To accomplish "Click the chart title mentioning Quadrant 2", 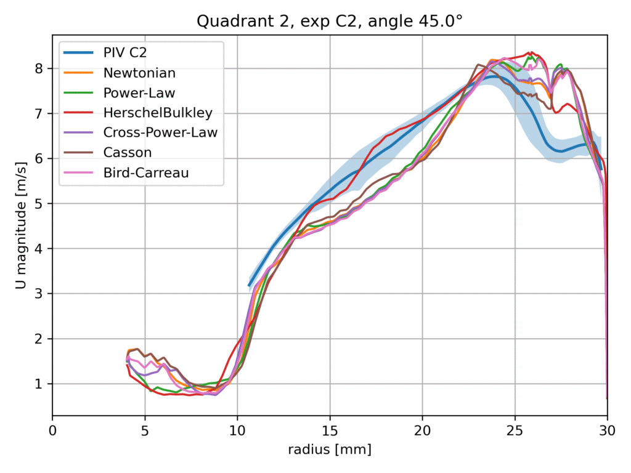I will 330,22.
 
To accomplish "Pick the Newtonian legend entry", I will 139,73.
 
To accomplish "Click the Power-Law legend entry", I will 139,93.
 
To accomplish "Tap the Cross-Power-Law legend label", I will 160,132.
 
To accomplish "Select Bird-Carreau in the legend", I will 146,173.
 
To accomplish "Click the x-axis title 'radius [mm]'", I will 330,450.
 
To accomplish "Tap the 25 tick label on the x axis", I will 515,429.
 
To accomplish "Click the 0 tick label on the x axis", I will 53,429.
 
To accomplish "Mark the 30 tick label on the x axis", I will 607,429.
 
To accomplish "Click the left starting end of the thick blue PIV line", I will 250,285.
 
